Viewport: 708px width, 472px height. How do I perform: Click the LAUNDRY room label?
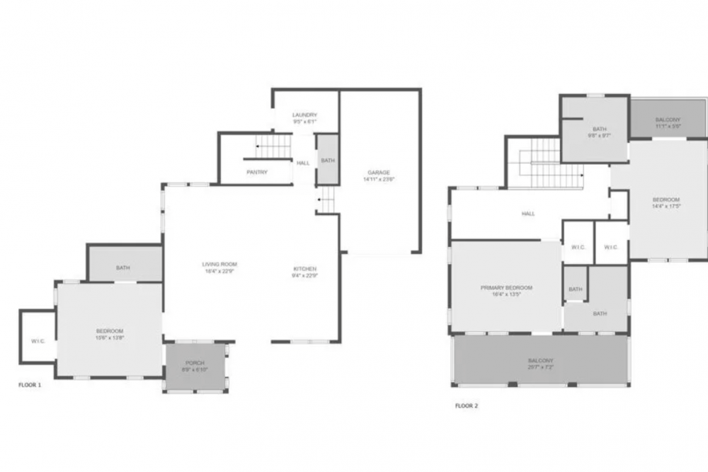point(305,115)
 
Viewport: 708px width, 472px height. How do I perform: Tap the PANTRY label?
point(256,172)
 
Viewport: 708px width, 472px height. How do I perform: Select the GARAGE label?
point(379,172)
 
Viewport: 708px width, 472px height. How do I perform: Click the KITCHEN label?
point(305,269)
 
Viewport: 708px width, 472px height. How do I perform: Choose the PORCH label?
point(195,363)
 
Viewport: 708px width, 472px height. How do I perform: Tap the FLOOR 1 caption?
point(30,385)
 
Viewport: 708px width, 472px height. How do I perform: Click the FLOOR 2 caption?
point(467,406)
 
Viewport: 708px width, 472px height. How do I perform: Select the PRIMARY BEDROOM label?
point(506,288)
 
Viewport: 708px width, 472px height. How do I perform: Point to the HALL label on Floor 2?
point(528,214)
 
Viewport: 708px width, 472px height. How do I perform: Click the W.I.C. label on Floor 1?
point(38,341)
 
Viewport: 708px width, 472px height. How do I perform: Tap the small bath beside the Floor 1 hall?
point(327,161)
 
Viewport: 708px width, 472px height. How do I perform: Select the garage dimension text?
point(379,180)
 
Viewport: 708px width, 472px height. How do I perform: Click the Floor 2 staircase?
point(545,166)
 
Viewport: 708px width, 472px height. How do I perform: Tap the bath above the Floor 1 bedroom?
point(123,267)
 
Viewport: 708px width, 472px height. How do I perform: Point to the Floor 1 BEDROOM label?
point(110,331)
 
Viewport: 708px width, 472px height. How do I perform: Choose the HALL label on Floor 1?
point(303,163)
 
